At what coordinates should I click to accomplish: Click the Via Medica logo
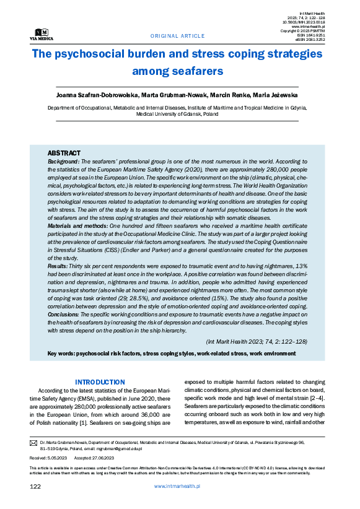coord(41,34)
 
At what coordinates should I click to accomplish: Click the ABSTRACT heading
coord(64,152)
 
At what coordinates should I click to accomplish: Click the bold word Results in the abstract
coord(59,266)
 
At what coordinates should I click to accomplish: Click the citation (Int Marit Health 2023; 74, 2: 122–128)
coord(256,342)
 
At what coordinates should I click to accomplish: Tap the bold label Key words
coord(61,354)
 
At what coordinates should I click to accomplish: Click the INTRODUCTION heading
coord(100,382)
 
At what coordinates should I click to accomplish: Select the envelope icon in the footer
coord(33,443)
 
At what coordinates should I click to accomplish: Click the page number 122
coord(35,487)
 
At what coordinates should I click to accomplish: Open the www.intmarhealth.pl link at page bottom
coord(177,487)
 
